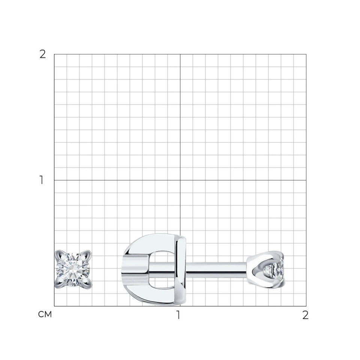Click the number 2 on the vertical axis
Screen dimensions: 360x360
(x=43, y=54)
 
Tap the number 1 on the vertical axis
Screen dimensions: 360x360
(x=42, y=180)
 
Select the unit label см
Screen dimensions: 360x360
(x=45, y=314)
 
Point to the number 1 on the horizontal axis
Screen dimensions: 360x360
(x=178, y=315)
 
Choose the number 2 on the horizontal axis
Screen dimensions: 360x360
(x=305, y=315)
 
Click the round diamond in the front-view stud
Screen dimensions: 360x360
(x=73, y=269)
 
